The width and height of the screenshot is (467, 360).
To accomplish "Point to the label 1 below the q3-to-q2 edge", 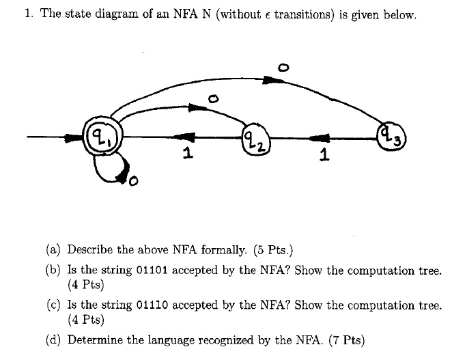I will (323, 157).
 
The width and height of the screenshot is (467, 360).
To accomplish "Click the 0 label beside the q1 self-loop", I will (132, 182).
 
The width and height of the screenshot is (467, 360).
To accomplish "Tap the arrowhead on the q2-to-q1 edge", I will (188, 137).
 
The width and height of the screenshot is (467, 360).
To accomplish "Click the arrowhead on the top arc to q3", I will (273, 80).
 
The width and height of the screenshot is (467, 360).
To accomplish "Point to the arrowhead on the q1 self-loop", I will (122, 180).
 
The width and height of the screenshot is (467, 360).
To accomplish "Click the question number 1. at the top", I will (29, 14).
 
